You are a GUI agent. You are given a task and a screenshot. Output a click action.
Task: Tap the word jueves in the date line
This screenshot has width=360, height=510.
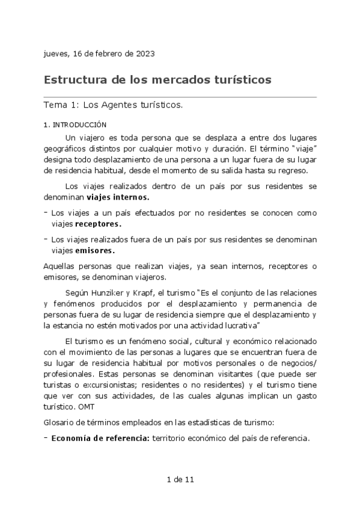pos(56,54)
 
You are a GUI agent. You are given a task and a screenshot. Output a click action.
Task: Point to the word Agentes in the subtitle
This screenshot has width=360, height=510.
pos(119,105)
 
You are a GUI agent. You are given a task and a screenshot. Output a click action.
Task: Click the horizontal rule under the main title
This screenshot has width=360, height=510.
pos(180,96)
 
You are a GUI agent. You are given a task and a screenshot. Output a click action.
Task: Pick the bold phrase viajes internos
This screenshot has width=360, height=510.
pos(118,197)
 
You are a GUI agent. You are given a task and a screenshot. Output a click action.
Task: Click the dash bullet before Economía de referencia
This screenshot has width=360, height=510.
pos(46,438)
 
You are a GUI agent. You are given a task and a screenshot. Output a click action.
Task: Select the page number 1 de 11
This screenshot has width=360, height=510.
pos(180,480)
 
